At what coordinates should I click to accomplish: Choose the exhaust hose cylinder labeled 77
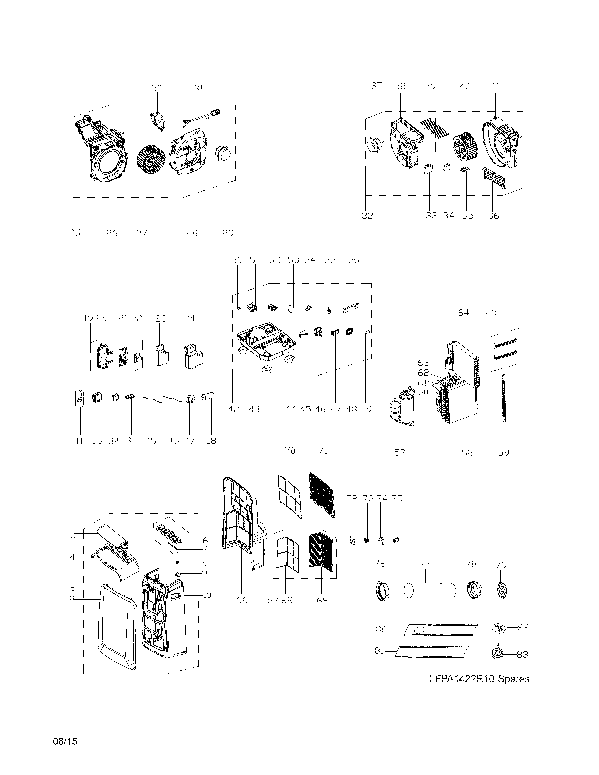(x=430, y=590)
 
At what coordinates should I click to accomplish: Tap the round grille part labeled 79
(x=502, y=590)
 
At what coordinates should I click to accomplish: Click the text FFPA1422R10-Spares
(x=479, y=679)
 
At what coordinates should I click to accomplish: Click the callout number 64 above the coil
(x=463, y=313)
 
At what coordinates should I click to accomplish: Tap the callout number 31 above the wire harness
(x=199, y=88)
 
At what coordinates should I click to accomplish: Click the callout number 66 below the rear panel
(x=241, y=601)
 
